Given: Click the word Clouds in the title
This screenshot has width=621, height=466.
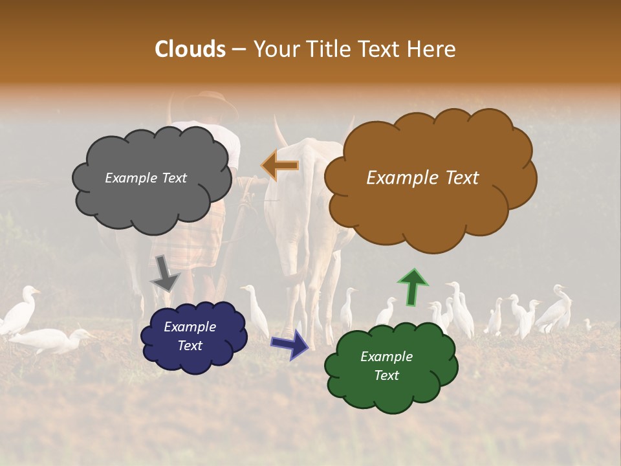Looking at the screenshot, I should (190, 49).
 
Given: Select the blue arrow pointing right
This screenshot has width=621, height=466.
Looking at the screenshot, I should (289, 344).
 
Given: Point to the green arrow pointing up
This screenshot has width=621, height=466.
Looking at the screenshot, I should (412, 285).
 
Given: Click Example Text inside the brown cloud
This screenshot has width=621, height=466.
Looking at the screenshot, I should (422, 178).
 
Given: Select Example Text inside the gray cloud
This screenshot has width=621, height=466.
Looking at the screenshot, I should (146, 178).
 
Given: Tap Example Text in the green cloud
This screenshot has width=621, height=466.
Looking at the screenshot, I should (386, 366).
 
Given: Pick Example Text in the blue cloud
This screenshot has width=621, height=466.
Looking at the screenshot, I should (190, 337).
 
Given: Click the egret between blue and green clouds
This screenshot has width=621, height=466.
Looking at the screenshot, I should (256, 311).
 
